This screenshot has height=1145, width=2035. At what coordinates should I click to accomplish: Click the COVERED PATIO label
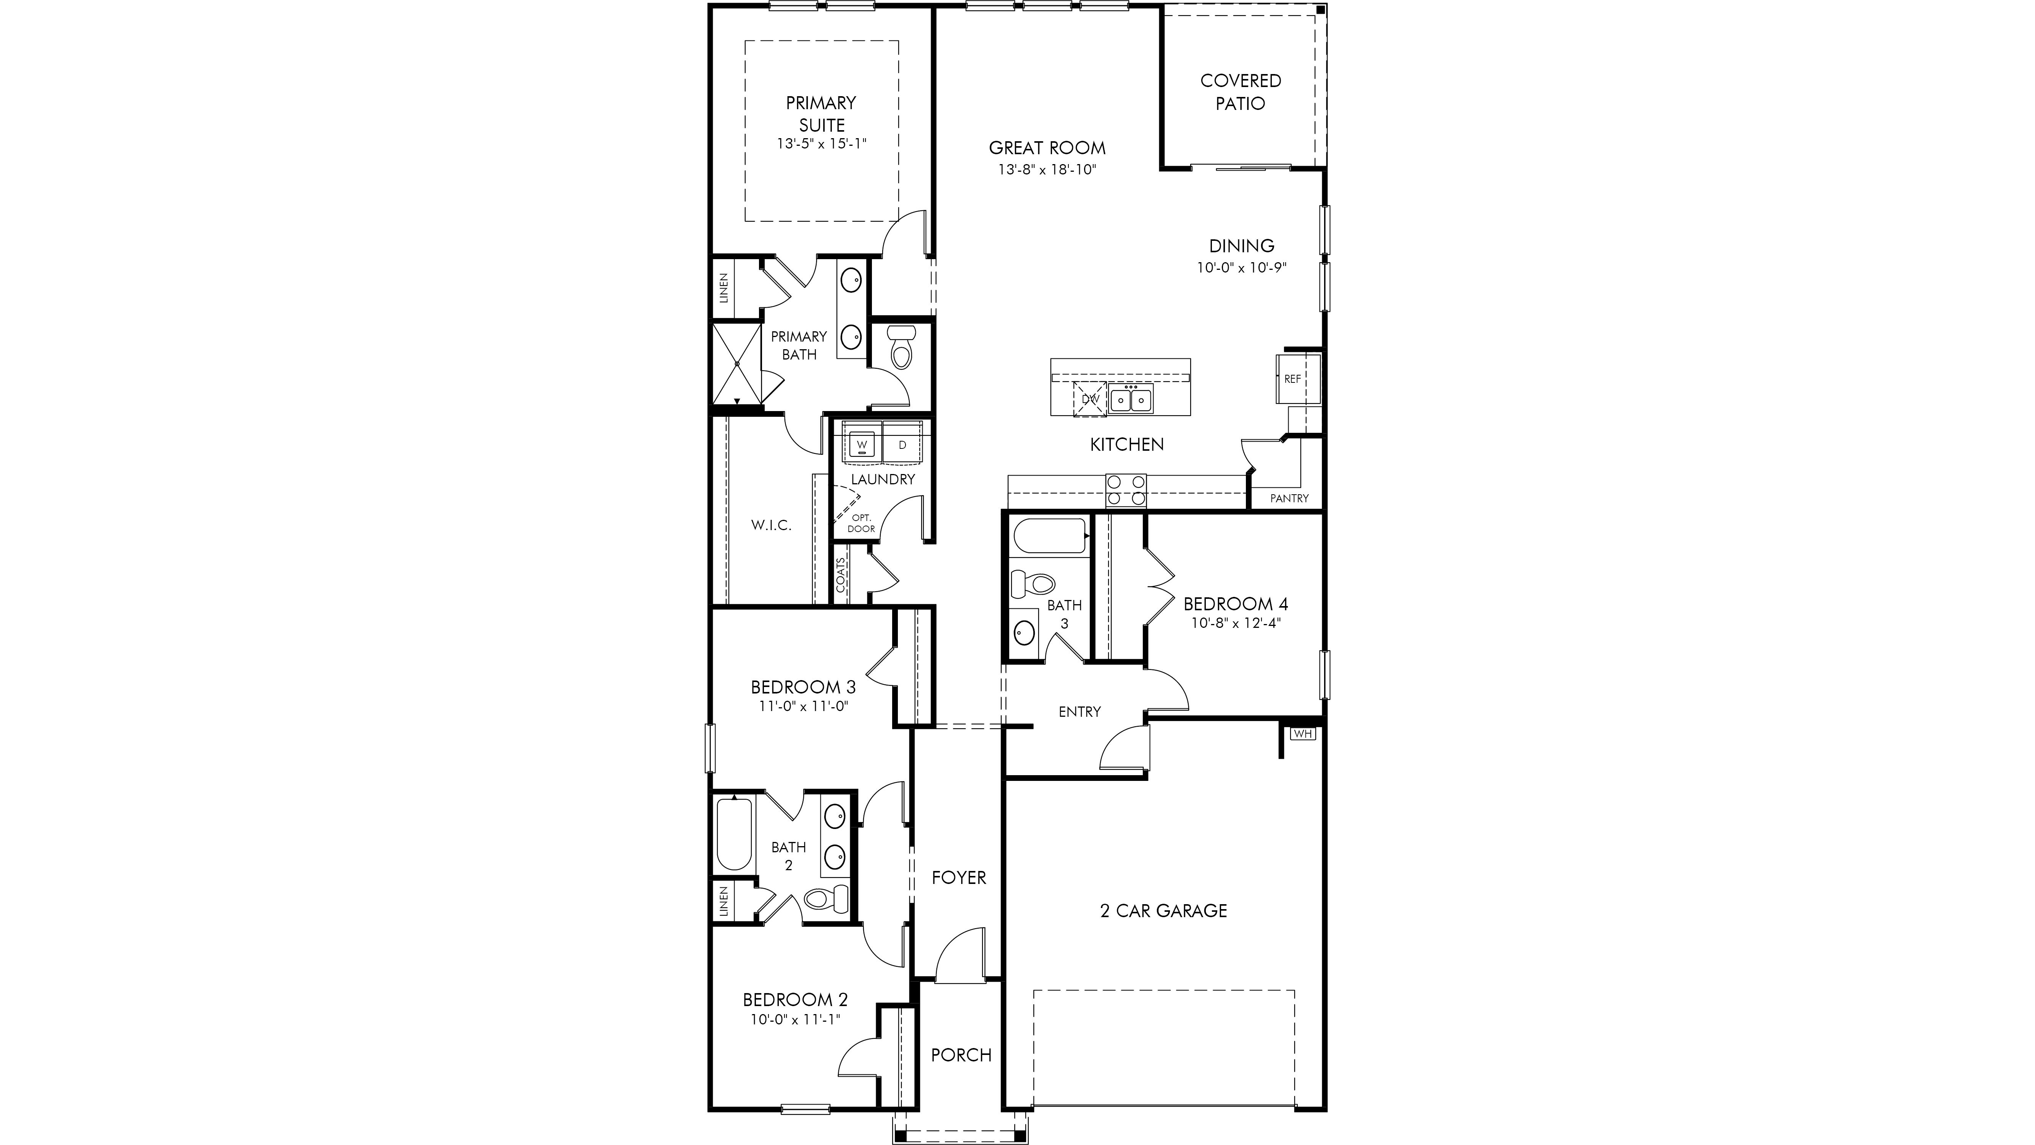pyautogui.click(x=1240, y=92)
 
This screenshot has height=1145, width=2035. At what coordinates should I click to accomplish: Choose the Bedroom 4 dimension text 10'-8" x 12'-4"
pyautogui.click(x=1236, y=622)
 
